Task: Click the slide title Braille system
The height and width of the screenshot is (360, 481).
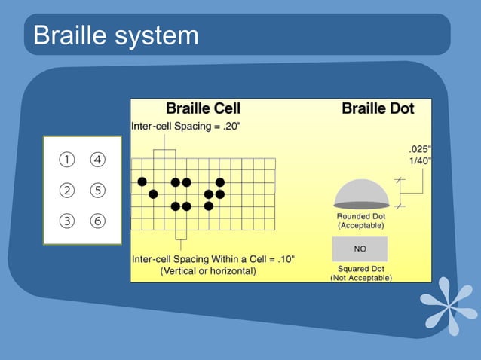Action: [116, 35]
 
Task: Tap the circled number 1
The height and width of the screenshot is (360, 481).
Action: [67, 160]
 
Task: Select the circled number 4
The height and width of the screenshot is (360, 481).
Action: [97, 160]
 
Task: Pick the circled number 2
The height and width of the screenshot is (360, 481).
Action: [67, 191]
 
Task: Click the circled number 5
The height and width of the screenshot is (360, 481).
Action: [97, 191]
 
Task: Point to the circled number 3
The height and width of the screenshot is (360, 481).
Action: [67, 221]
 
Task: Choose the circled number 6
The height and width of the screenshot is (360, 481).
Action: [97, 221]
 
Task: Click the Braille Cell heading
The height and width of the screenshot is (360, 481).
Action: [203, 108]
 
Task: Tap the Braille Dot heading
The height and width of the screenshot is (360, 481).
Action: [378, 108]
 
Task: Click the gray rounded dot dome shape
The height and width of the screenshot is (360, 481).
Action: [362, 196]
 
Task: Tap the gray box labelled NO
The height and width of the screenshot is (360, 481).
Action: [360, 249]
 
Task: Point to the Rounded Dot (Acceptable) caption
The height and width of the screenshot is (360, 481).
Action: [361, 221]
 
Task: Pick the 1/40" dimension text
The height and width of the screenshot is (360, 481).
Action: [418, 160]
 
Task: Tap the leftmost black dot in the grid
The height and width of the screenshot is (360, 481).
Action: [142, 182]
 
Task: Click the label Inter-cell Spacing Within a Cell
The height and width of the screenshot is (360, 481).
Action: [213, 259]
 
